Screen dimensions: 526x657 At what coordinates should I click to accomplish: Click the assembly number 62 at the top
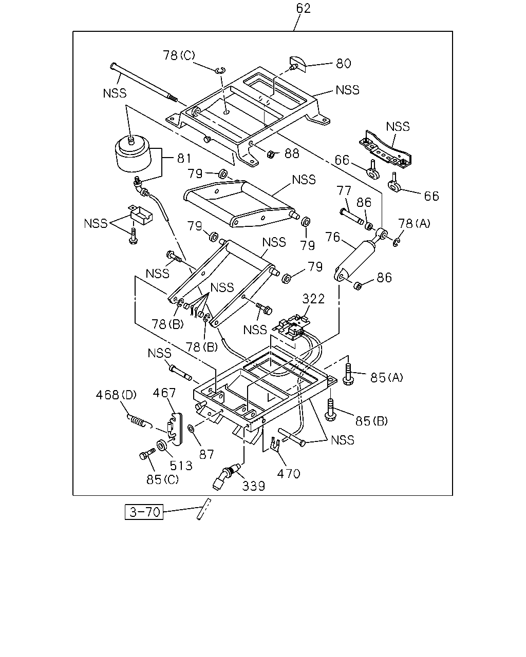coord(303,8)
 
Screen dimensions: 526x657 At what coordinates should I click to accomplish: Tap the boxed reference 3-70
coord(144,512)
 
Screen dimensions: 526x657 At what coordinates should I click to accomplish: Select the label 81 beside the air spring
coord(184,159)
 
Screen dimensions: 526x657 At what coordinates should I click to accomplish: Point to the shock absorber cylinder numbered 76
coord(355,260)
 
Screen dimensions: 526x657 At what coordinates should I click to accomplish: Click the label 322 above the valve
coord(313,299)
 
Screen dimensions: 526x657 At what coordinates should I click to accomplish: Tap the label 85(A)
coord(387,378)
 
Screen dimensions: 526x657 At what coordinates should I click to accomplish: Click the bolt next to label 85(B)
coord(330,409)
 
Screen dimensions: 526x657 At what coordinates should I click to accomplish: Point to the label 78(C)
coord(179,55)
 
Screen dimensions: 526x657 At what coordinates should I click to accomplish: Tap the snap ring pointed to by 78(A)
coord(396,243)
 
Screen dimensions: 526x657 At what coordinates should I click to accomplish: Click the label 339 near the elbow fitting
coord(253,486)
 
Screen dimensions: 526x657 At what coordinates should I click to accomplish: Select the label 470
coord(289,474)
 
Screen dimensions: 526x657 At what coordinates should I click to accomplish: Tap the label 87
coord(206,455)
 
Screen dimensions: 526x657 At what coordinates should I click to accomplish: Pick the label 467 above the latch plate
coord(164,393)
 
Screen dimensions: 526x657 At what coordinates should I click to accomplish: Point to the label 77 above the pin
coord(344,191)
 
